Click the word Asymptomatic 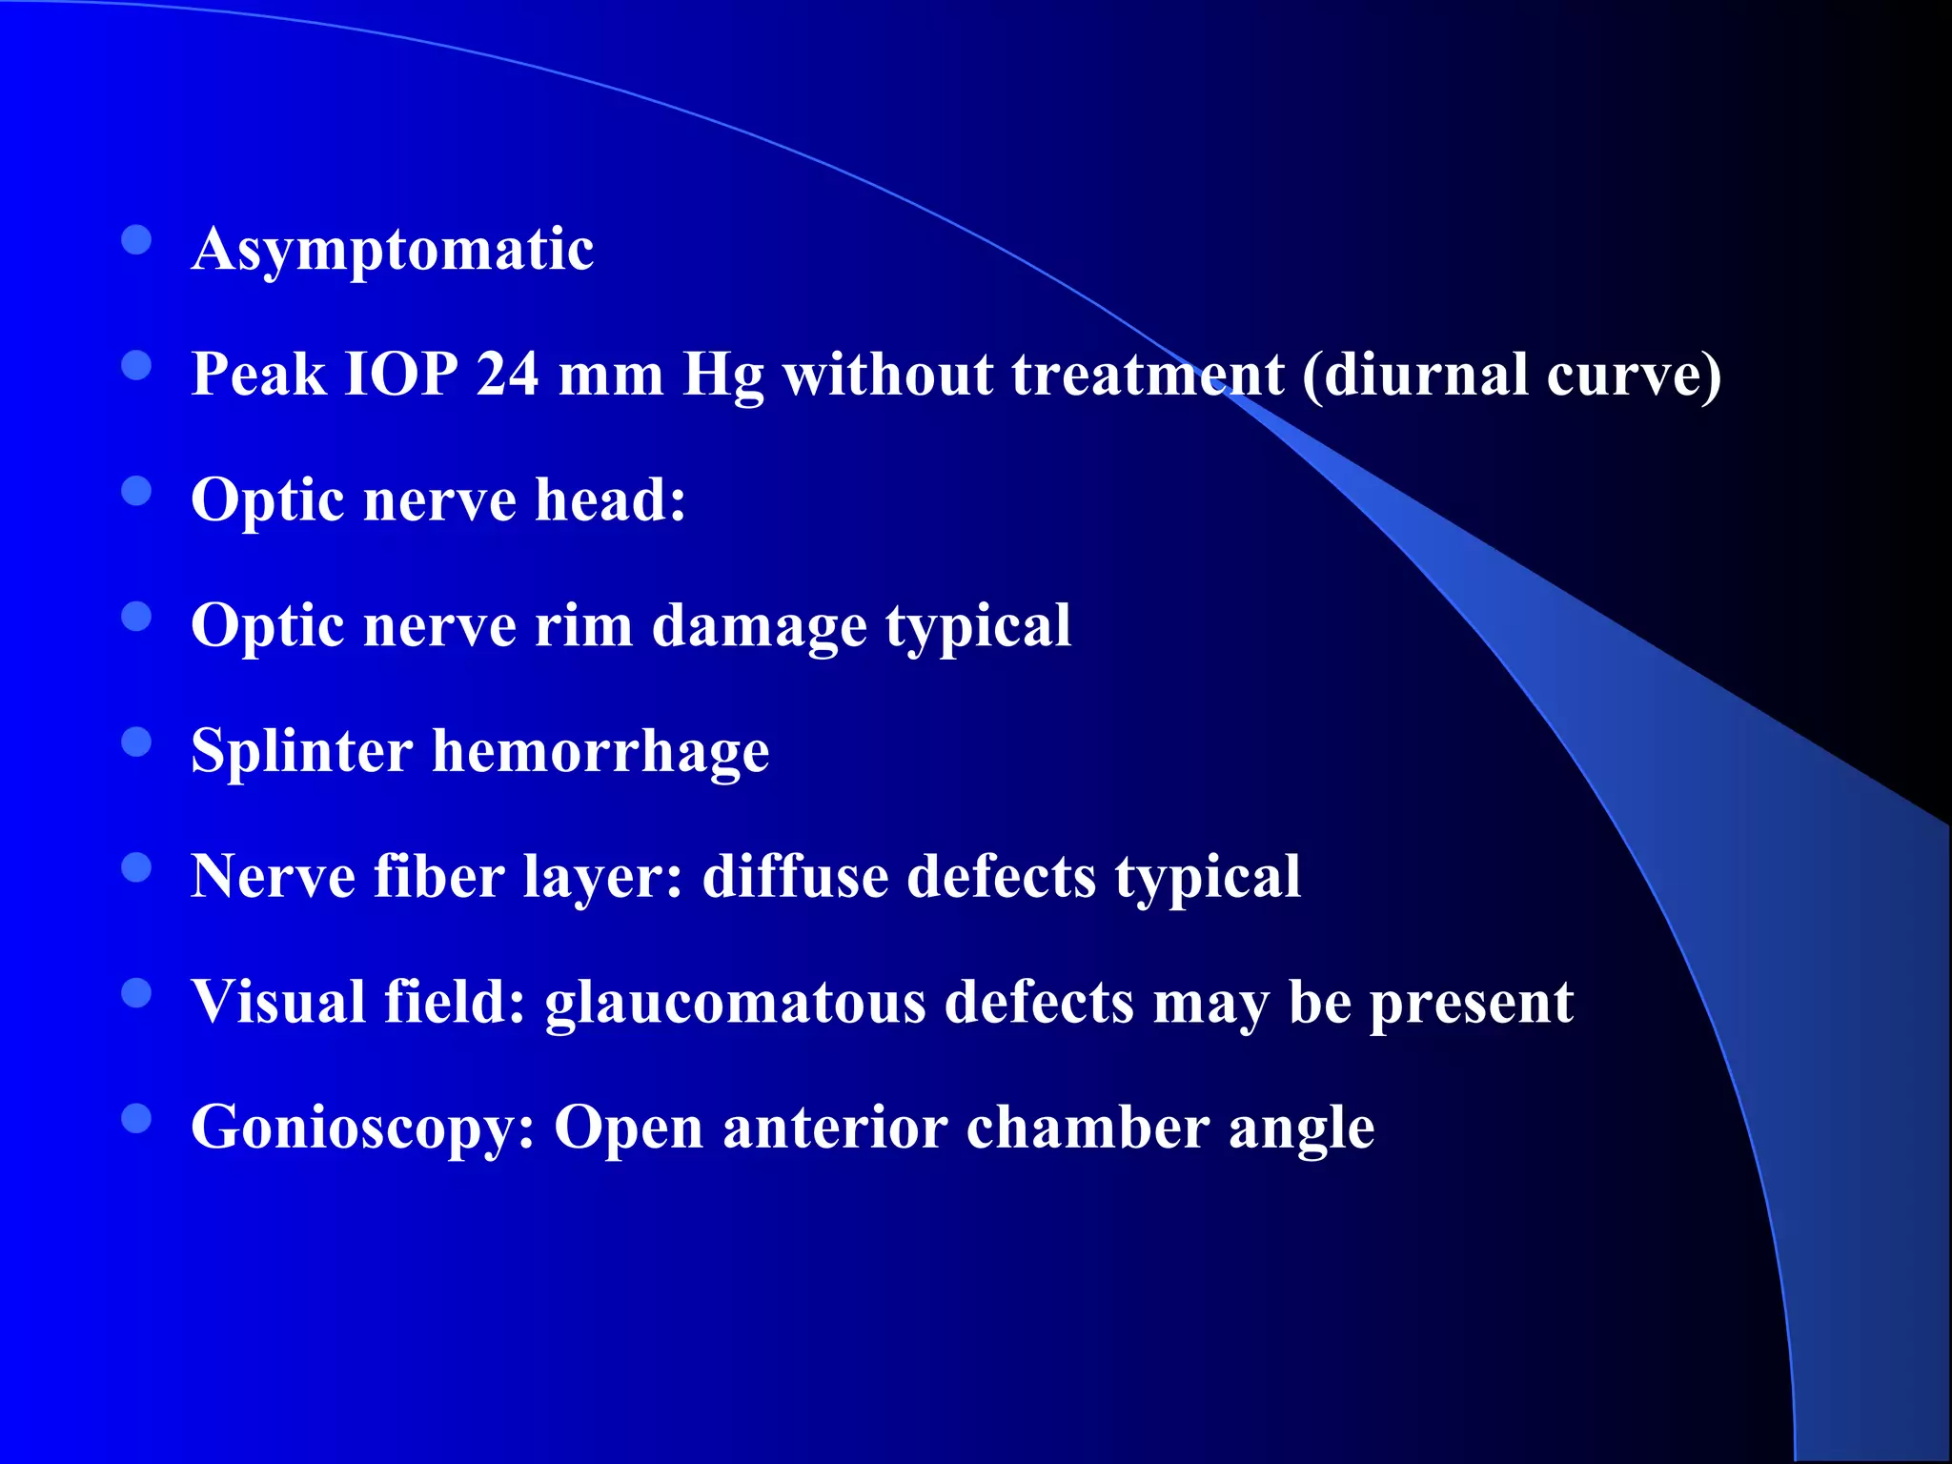(393, 250)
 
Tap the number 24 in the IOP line (507, 374)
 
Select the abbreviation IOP (401, 374)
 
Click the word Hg (723, 376)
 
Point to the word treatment (1148, 374)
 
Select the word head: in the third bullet (610, 499)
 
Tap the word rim (583, 626)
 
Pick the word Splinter (301, 751)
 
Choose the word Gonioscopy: (363, 1128)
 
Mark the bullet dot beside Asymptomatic (137, 240)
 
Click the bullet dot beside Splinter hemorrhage (137, 742)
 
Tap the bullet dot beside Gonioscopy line (137, 1118)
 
